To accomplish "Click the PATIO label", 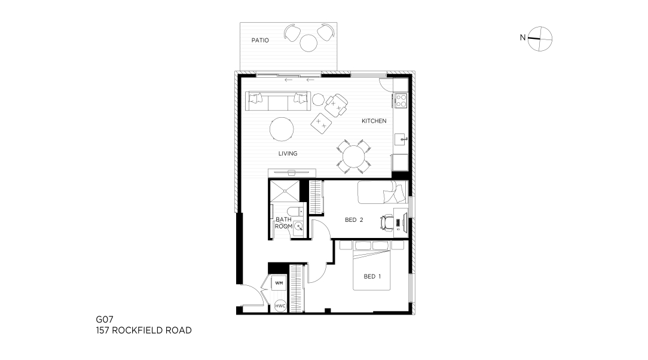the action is pos(260,40).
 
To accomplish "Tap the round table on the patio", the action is pos(308,43).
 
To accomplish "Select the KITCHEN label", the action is pos(374,121).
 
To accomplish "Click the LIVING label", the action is pos(288,153).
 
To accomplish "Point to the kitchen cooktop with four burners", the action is pos(401,100).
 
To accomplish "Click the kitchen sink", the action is pos(401,140).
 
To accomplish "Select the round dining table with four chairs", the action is pos(354,156).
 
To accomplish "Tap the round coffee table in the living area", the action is pos(282,129).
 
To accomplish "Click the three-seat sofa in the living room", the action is pos(278,101).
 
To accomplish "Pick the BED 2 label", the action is pos(354,220).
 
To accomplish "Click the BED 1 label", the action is pos(372,276).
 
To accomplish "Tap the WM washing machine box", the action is pos(279,283).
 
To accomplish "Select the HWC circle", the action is pos(280,306).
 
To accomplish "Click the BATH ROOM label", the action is pos(283,223).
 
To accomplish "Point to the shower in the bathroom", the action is pos(284,191).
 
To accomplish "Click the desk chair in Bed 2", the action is pos(386,222).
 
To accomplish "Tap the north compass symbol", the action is pos(540,39).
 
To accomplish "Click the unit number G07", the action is pos(105,319).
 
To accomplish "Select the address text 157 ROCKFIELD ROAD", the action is pos(144,330).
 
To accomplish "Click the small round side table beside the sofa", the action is pos(318,100).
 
